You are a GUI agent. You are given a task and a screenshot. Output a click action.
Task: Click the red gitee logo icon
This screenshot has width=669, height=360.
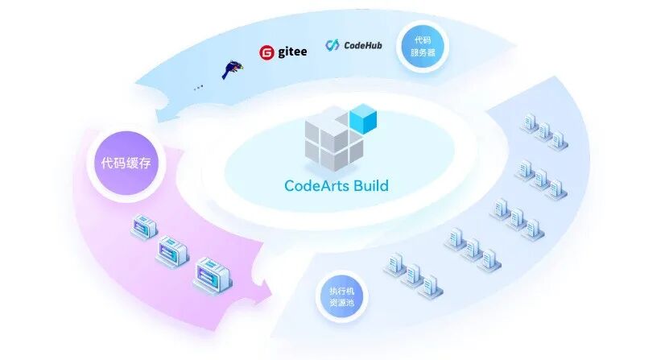pyautogui.click(x=266, y=53)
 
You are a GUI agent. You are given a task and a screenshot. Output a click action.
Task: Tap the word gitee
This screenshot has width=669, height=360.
pyautogui.click(x=291, y=52)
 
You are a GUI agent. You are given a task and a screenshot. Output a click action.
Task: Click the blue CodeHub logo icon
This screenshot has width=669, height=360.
pyautogui.click(x=332, y=46)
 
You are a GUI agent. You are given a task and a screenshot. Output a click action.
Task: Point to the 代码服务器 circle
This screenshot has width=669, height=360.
pyautogui.click(x=423, y=46)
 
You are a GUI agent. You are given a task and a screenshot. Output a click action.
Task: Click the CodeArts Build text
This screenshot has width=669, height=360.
pyautogui.click(x=337, y=186)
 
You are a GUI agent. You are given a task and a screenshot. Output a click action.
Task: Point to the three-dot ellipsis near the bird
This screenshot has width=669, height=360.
pyautogui.click(x=199, y=86)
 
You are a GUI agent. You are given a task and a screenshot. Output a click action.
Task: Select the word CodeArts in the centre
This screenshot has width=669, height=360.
pyautogui.click(x=313, y=186)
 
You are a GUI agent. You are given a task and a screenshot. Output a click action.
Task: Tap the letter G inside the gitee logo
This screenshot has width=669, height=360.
pyautogui.click(x=266, y=53)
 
